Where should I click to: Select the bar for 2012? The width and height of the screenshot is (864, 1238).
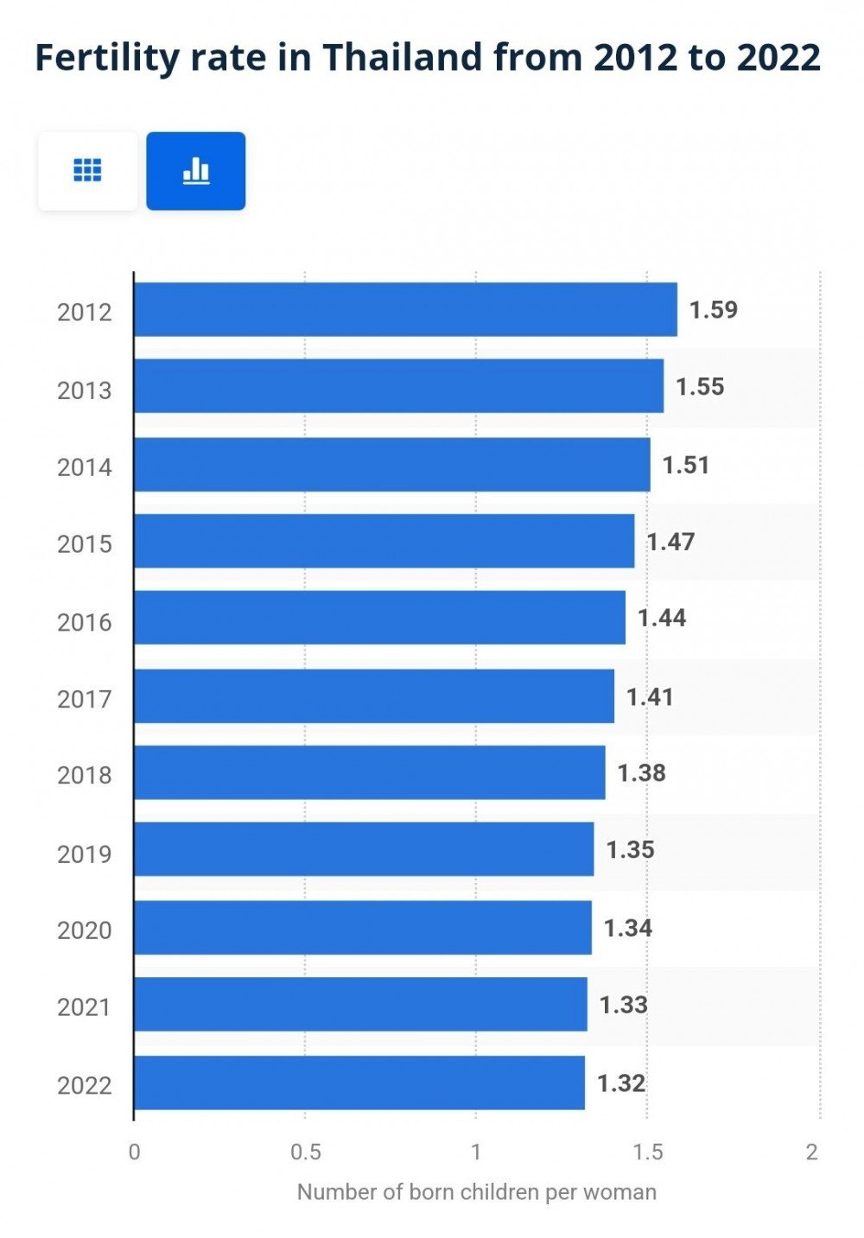pos(405,309)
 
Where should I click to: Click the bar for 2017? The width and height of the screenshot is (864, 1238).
pos(374,695)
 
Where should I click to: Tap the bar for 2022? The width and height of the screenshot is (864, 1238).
pos(359,1082)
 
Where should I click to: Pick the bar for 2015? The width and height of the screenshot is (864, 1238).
pos(384,541)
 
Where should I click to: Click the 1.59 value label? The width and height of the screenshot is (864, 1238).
pos(714,310)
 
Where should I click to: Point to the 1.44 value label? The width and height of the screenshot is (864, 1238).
pos(662,618)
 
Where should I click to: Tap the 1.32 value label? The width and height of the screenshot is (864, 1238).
pos(621,1083)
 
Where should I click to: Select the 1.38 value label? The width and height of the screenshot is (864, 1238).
pos(641,772)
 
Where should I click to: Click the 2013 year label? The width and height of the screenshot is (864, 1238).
pos(85,390)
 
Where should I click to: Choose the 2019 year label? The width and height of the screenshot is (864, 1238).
pos(85,854)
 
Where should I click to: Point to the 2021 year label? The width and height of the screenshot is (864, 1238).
pos(85,1007)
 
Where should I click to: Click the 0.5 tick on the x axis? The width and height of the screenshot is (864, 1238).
pos(305,1152)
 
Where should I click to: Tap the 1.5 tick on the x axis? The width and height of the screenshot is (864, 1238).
pos(647,1152)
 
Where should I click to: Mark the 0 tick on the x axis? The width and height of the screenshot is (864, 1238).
pos(134,1152)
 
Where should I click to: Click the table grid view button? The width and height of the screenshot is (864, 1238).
pos(87,171)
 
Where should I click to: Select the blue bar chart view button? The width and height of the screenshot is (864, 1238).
pos(196,171)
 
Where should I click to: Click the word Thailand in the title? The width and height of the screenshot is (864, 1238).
pos(403,57)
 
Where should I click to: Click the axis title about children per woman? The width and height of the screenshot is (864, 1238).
pos(476,1192)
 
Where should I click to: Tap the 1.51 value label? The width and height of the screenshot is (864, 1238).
pos(686,465)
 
